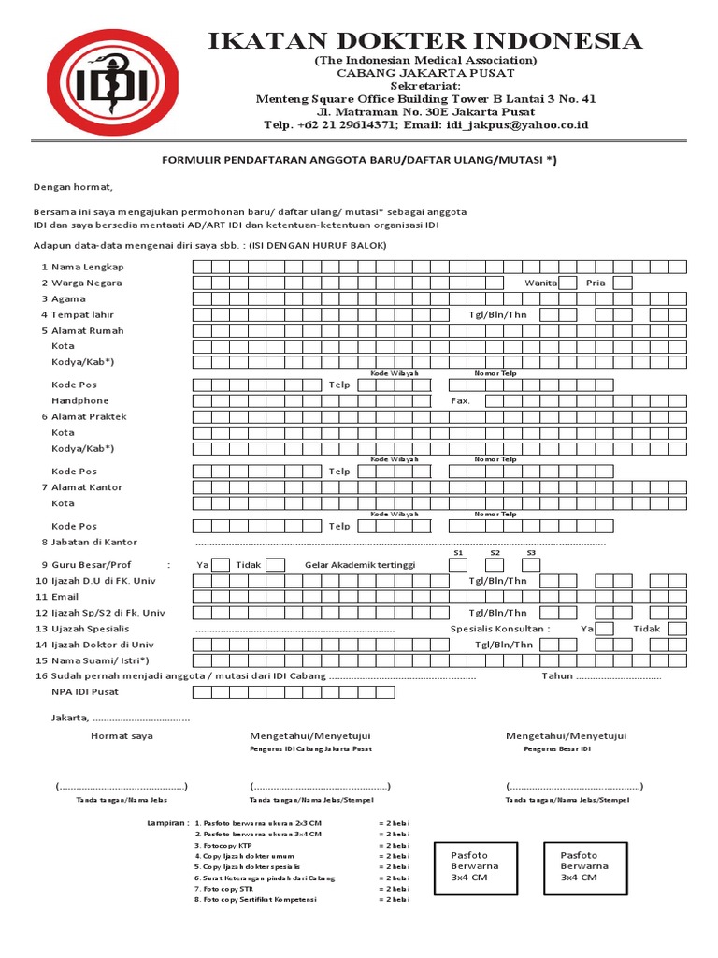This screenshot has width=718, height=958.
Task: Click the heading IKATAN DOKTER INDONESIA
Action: [x=424, y=40]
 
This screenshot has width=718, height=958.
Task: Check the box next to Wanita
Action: [x=567, y=283]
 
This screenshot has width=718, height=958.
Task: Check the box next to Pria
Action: [x=623, y=283]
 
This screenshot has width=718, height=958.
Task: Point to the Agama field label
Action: [x=68, y=298]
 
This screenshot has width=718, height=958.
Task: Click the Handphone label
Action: [x=79, y=400]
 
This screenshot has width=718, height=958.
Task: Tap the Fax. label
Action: [x=461, y=400]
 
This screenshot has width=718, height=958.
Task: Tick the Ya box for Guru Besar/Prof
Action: [x=221, y=564]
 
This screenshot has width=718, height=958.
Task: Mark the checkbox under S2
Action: [x=495, y=564]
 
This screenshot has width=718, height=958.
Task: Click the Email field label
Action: [x=65, y=596]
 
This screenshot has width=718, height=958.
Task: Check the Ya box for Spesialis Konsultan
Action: [x=605, y=629]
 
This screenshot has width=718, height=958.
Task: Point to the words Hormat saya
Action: [x=122, y=736]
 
